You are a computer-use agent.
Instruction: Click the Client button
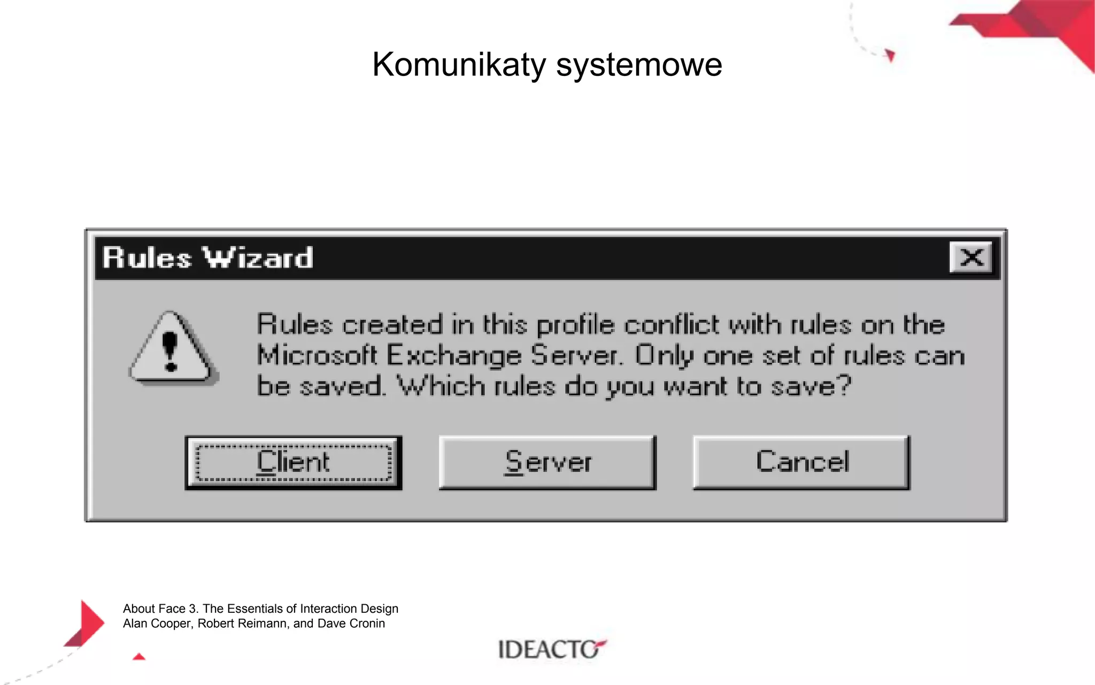pos(293,463)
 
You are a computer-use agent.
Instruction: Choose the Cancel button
pos(801,463)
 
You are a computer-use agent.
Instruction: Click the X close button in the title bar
pos(971,257)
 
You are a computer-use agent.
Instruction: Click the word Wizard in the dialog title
pos(258,258)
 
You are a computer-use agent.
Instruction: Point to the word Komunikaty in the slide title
pos(459,65)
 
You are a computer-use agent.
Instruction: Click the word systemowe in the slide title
pos(639,65)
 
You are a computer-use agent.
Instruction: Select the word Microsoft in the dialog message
pos(317,356)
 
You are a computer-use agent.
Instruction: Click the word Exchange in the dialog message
pos(453,356)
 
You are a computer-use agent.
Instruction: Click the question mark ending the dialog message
pos(843,385)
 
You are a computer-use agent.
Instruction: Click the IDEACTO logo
pos(551,649)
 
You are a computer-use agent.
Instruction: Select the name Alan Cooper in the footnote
pos(157,623)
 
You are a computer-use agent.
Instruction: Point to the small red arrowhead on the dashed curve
pos(890,55)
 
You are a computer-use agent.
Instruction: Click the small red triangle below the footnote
pos(139,657)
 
